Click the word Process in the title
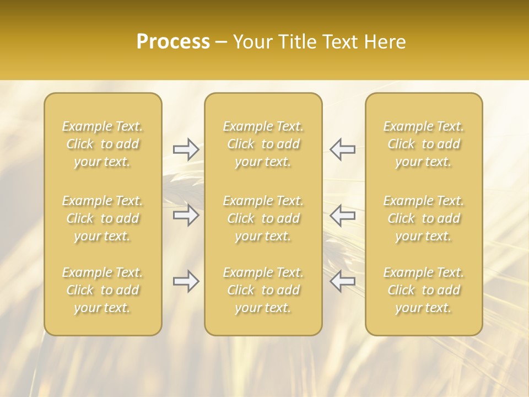click(x=173, y=42)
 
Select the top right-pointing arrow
click(x=186, y=149)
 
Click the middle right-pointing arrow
click(x=186, y=215)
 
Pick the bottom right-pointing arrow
click(x=186, y=282)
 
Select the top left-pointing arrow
click(x=343, y=149)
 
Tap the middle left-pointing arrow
click(x=343, y=215)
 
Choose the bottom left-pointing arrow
click(x=343, y=282)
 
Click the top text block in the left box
click(x=102, y=144)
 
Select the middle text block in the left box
click(x=102, y=218)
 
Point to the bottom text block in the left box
click(x=102, y=290)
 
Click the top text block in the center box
click(x=263, y=144)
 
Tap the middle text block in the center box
click(x=263, y=218)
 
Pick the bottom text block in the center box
click(x=263, y=290)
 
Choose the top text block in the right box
click(x=424, y=144)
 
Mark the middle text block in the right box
click(x=424, y=218)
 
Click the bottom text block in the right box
click(x=424, y=290)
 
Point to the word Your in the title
click(x=251, y=42)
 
